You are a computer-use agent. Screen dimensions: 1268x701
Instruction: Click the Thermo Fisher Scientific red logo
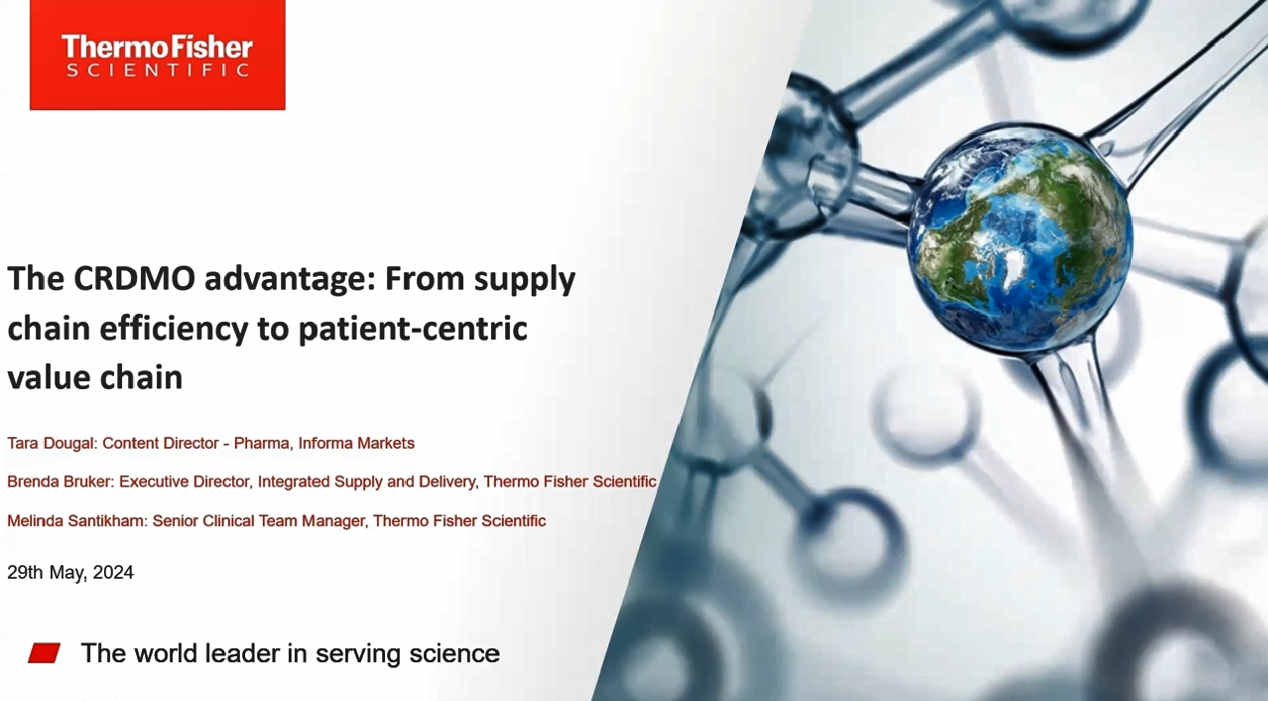(x=158, y=55)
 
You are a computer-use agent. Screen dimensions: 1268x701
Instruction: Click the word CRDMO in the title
(x=134, y=278)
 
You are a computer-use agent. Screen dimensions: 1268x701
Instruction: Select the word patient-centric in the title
(x=413, y=330)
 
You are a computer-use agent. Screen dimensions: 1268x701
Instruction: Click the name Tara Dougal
(x=51, y=443)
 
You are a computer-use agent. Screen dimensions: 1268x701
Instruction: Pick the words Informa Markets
(x=356, y=443)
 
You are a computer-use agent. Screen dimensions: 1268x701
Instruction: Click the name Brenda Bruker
(x=60, y=482)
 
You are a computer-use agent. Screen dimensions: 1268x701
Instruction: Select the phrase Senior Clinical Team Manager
(x=259, y=521)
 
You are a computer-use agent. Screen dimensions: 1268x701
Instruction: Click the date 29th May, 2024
(x=70, y=572)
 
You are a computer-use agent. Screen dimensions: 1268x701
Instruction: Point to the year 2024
(x=113, y=572)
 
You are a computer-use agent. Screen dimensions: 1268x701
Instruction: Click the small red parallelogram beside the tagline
(x=45, y=652)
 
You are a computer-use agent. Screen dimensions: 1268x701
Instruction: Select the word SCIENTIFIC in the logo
(x=158, y=70)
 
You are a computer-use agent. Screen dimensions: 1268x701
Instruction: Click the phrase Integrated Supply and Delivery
(x=366, y=482)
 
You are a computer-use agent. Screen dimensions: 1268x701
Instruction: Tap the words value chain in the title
(x=95, y=378)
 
